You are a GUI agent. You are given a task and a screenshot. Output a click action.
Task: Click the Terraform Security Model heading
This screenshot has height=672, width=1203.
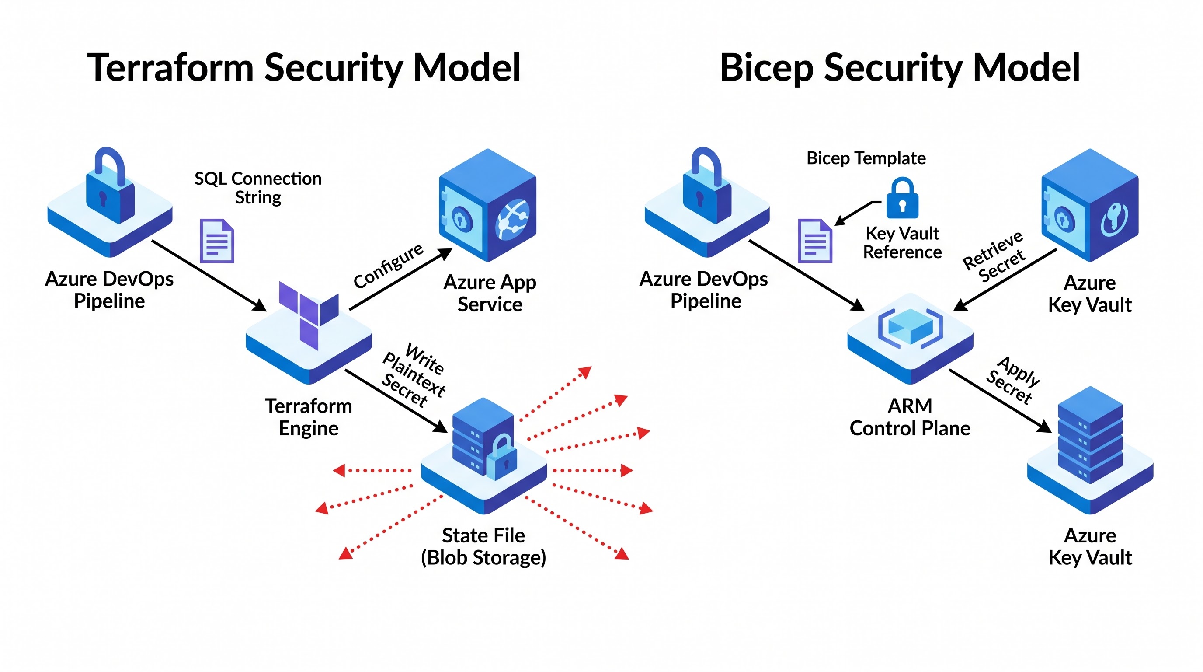304,68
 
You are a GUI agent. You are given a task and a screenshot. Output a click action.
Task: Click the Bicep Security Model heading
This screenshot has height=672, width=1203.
900,68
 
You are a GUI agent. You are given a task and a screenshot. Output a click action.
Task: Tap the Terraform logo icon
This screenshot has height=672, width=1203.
309,315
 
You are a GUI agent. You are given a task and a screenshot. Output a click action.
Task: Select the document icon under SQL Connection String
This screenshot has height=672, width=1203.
217,241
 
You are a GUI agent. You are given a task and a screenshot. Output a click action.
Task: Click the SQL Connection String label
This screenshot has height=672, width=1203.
258,188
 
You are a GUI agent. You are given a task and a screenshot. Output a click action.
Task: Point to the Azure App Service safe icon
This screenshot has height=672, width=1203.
487,205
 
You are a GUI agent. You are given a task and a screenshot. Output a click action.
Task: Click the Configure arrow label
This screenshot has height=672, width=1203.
388,266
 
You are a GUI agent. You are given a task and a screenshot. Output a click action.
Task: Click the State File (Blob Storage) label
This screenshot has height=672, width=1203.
483,546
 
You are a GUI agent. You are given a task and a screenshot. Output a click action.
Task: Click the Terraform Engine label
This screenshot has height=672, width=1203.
309,417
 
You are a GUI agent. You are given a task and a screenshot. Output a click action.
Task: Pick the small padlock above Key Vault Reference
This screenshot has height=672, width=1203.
902,198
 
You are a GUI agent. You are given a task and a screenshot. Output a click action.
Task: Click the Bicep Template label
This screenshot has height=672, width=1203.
866,158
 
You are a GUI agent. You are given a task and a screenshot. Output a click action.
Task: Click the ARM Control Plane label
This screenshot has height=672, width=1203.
910,417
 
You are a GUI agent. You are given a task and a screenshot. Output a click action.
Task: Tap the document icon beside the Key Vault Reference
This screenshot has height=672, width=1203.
815,241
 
